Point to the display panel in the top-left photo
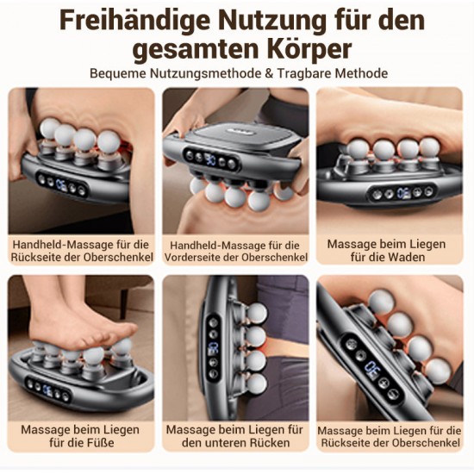pyautogui.click(x=62, y=184)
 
